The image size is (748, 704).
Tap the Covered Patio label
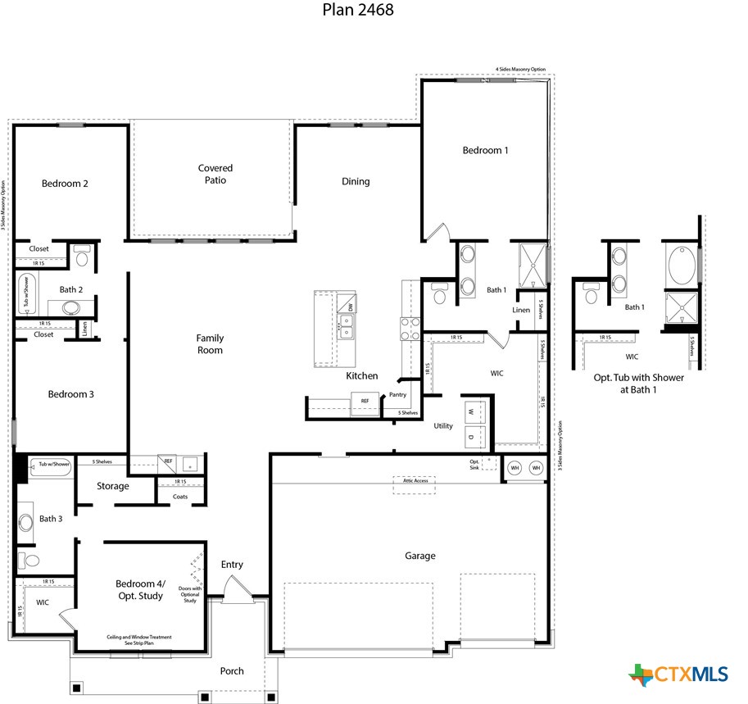point(215,174)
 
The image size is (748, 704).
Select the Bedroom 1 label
point(485,150)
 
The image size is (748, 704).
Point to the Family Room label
point(210,344)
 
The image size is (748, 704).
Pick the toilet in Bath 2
point(82,257)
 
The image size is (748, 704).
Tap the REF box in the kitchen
point(365,402)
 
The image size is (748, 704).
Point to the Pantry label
point(398,394)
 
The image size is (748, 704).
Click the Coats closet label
point(180,496)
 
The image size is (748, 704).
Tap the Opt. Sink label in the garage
point(475,463)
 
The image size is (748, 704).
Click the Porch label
point(232,670)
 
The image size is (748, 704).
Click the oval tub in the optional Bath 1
point(678,266)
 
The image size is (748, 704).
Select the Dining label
point(356,181)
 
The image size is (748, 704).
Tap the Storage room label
point(112,486)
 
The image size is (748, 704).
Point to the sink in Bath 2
point(70,308)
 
